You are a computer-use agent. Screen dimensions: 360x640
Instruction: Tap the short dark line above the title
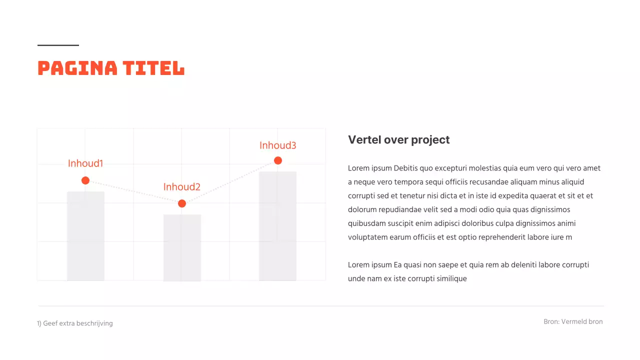58,45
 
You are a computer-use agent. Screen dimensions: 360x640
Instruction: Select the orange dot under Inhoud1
85,180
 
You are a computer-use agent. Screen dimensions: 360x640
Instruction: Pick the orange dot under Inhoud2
182,203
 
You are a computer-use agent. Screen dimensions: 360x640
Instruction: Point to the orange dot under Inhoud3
278,160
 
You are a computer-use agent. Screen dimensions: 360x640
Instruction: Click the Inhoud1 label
85,163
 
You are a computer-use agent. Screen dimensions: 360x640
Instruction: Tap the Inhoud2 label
182,187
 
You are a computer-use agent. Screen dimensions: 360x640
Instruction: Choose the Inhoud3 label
278,145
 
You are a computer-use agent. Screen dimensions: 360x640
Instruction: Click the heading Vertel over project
398,140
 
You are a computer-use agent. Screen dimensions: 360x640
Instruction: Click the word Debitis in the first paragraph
407,168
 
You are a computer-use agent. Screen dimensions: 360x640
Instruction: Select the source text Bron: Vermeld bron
573,321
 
